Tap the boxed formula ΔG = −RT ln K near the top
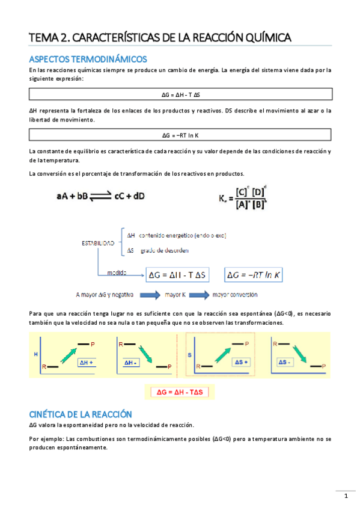pyautogui.click(x=180, y=135)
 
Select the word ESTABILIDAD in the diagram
pyautogui.click(x=98, y=243)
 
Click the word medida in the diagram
pyautogui.click(x=117, y=272)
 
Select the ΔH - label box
pyautogui.click(x=132, y=363)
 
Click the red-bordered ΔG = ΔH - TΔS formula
pyautogui.click(x=180, y=392)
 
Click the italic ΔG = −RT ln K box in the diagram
pyautogui.click(x=255, y=275)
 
